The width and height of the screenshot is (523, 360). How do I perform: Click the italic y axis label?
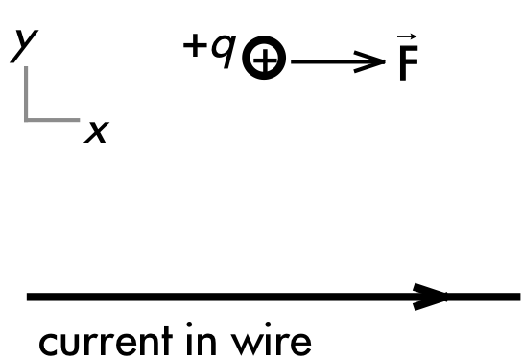(24, 46)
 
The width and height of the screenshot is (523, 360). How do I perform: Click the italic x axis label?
(97, 132)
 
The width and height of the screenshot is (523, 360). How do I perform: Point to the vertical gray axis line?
(26, 94)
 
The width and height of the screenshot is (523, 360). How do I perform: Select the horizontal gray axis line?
(52, 120)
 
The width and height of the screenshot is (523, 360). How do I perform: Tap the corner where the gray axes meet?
(26, 120)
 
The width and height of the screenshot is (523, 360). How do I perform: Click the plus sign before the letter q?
(195, 46)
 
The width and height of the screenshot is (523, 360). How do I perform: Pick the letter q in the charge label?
(224, 51)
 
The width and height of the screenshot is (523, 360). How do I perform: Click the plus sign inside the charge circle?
(265, 60)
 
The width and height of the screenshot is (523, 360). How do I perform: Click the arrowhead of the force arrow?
(370, 61)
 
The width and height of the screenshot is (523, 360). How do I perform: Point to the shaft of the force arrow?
(337, 61)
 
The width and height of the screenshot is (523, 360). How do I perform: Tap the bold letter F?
(409, 63)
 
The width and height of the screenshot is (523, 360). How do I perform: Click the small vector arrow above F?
(407, 36)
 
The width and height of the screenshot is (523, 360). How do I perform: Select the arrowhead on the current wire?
(430, 297)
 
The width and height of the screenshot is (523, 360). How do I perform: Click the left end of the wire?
(27, 297)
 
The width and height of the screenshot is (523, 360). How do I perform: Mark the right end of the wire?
(520, 297)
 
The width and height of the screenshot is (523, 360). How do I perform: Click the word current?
(107, 341)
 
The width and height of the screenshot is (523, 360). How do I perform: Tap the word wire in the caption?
(272, 339)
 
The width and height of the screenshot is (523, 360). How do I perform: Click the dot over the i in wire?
(268, 324)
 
